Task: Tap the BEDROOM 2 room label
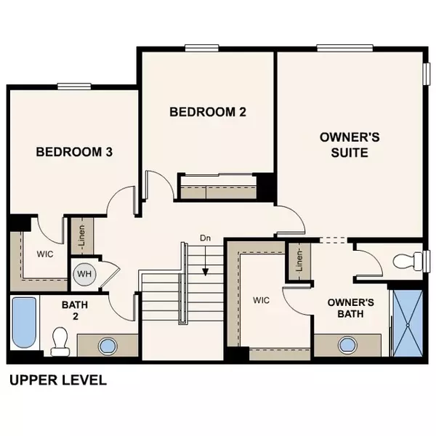point(208,112)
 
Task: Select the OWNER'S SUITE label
point(344,145)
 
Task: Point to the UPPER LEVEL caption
point(57,379)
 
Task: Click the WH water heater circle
point(83,274)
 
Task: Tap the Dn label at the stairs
point(206,238)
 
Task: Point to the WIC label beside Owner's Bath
point(262,299)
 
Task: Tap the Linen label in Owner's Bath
point(297,261)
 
